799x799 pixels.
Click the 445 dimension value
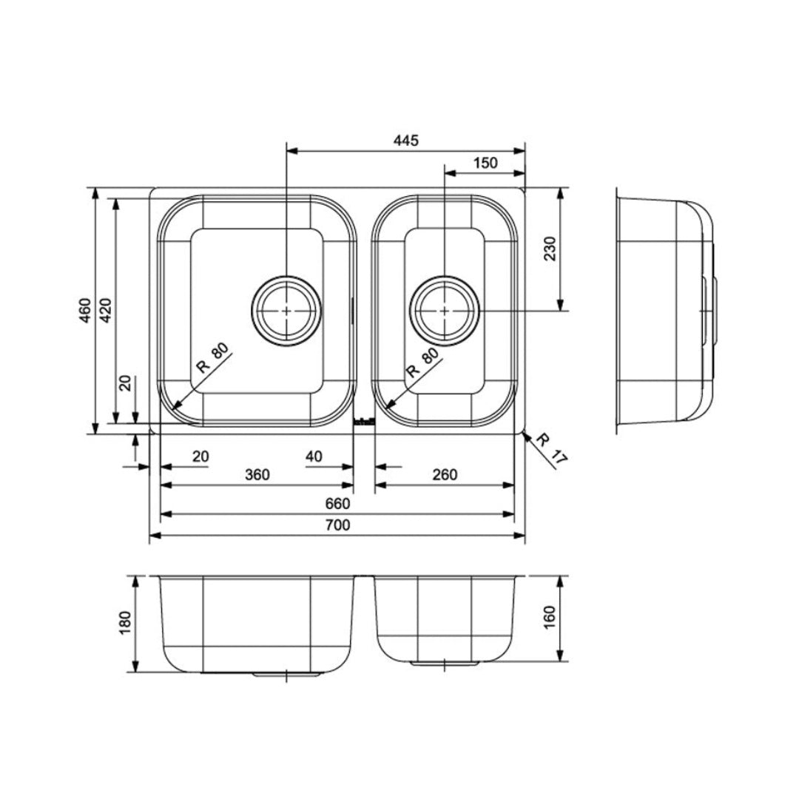click(406, 140)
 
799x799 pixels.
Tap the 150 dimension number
click(485, 163)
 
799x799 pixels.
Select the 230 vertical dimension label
click(550, 249)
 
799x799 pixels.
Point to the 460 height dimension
click(85, 310)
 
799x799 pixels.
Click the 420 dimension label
click(105, 310)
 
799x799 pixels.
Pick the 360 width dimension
click(257, 475)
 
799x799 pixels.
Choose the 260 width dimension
click(445, 475)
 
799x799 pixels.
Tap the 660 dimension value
click(338, 504)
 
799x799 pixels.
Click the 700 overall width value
click(338, 525)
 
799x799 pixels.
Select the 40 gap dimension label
click(314, 456)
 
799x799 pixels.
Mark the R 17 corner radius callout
click(551, 448)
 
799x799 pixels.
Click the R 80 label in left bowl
click(213, 358)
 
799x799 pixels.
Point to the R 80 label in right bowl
click(422, 363)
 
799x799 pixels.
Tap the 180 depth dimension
click(125, 623)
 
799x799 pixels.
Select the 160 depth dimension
click(549, 618)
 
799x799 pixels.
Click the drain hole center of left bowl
click(287, 310)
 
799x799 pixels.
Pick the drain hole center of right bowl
click(445, 310)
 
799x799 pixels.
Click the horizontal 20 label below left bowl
click(200, 456)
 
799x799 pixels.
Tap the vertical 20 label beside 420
click(125, 383)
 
